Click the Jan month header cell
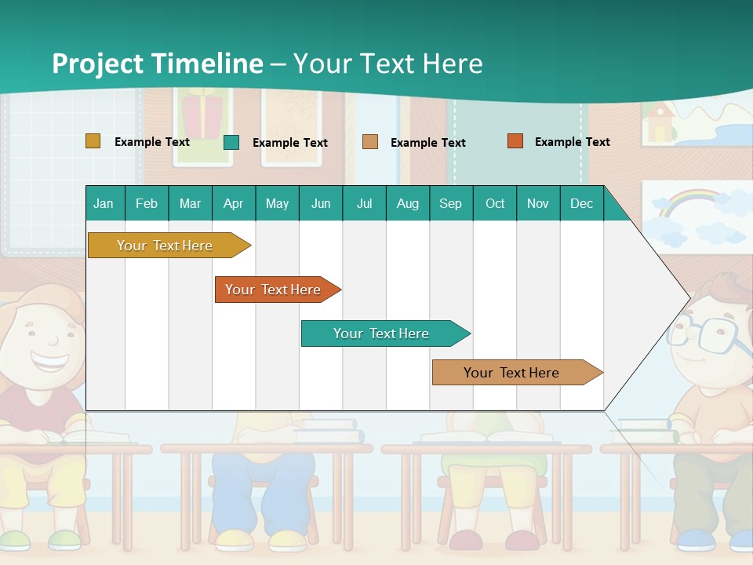[x=104, y=203]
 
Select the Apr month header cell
[x=234, y=203]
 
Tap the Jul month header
[x=364, y=203]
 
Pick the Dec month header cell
[x=581, y=203]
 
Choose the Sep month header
[x=451, y=203]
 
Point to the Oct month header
[x=495, y=203]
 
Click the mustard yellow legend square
[x=93, y=141]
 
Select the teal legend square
[x=231, y=142]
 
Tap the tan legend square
[x=370, y=142]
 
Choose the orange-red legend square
[x=515, y=141]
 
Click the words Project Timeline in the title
[x=158, y=64]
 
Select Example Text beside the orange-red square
[x=572, y=142]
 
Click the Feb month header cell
[x=147, y=203]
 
